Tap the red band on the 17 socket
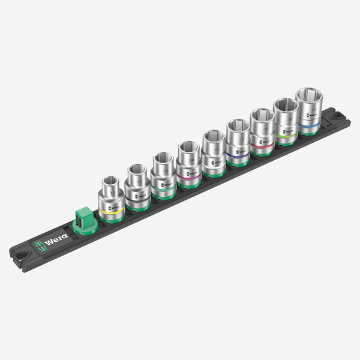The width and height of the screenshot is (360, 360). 262,142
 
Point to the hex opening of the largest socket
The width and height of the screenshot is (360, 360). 310,95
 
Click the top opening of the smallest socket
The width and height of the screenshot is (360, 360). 110,179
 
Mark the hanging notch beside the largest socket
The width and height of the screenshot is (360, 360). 331,113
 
